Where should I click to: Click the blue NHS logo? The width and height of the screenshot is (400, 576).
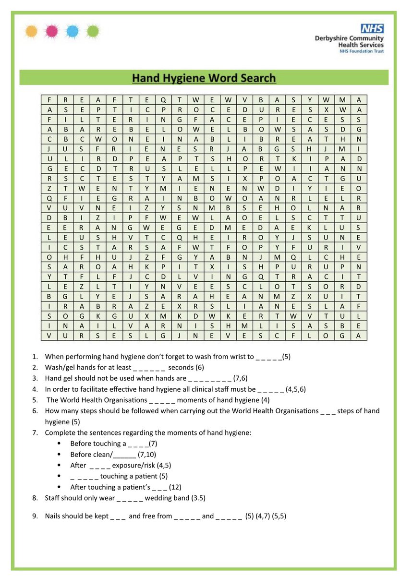[373, 28]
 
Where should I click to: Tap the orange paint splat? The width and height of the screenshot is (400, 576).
[31, 32]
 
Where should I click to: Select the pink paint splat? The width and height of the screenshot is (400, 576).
[51, 32]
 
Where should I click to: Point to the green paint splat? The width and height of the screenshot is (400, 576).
[92, 32]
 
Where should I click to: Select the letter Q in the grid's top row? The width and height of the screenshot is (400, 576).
[163, 100]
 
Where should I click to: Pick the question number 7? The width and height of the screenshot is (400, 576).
[35, 432]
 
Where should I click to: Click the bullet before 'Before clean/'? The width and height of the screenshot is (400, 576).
[59, 455]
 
